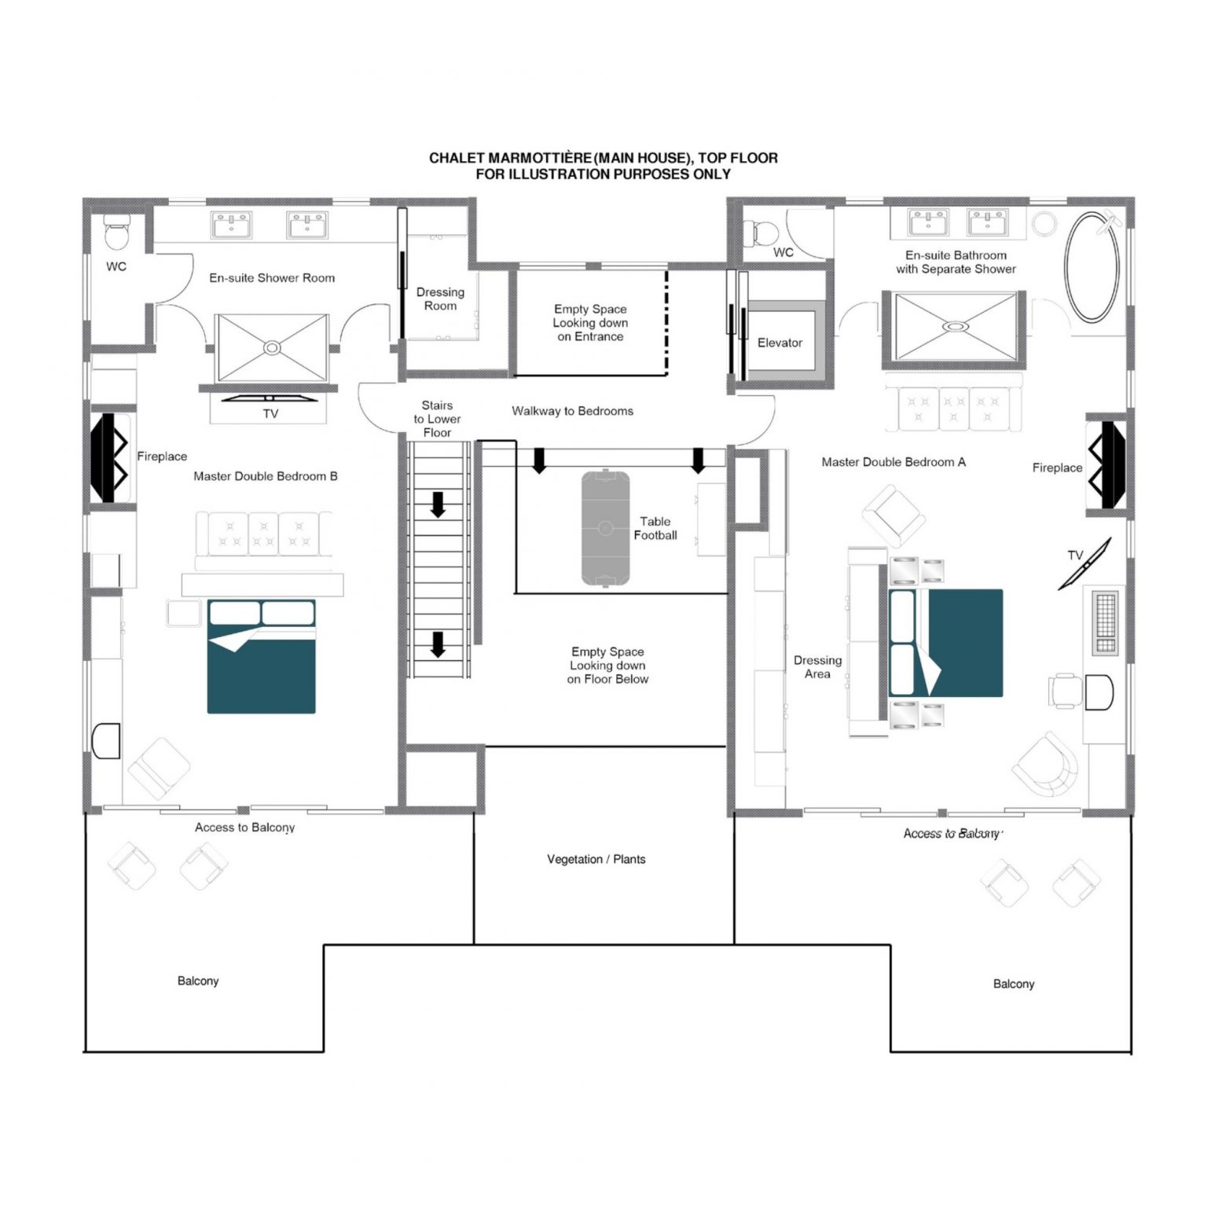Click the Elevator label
pyautogui.click(x=780, y=343)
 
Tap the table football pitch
pyautogui.click(x=605, y=528)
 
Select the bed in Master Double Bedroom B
pyautogui.click(x=261, y=656)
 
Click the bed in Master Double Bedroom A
pyautogui.click(x=945, y=643)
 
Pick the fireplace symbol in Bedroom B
pyautogui.click(x=111, y=457)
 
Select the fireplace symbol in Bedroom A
pyautogui.click(x=1107, y=465)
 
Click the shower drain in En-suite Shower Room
pyautogui.click(x=272, y=347)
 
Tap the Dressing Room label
pyautogui.click(x=440, y=299)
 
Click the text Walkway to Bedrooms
pyautogui.click(x=572, y=410)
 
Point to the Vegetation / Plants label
pyautogui.click(x=596, y=859)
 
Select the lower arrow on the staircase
pyautogui.click(x=438, y=644)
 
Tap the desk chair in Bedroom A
pyautogui.click(x=1065, y=691)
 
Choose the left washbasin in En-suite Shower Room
pyautogui.click(x=231, y=225)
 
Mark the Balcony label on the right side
pyautogui.click(x=1013, y=984)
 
